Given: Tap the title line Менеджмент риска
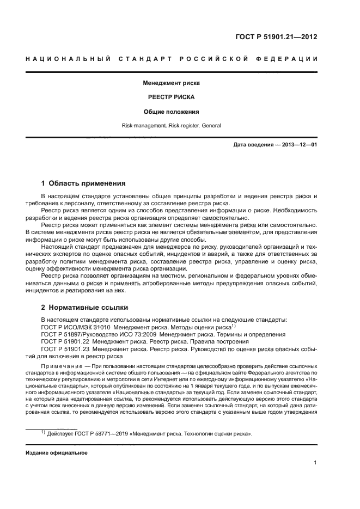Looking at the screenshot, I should [171, 83].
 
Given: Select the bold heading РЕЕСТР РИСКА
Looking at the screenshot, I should [171, 97].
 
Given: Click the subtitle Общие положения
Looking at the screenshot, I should [171, 112].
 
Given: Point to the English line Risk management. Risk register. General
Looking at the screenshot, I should [171, 126].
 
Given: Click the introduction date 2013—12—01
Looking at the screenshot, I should [298, 145].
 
